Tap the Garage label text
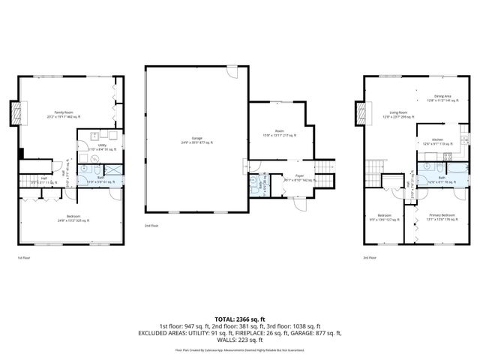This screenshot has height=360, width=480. pos(196,139)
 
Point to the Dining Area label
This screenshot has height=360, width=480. pos(442,96)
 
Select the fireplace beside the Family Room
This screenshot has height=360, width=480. pos(16,112)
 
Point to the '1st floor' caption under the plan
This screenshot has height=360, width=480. pos(23,256)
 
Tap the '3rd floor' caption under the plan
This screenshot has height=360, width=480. pos(369,256)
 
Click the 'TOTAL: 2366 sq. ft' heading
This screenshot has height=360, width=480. pos(239,319)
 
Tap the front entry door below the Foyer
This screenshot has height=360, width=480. pos(300,202)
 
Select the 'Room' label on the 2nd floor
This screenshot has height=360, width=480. pos(279,133)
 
